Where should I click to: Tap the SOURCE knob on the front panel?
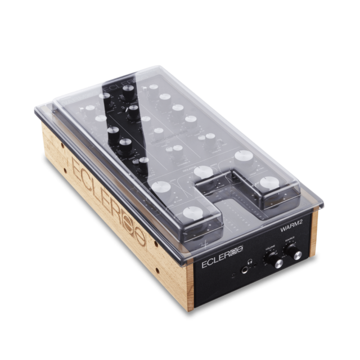pyautogui.click(x=293, y=254)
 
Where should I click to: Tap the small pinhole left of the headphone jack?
pyautogui.click(x=234, y=276)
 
